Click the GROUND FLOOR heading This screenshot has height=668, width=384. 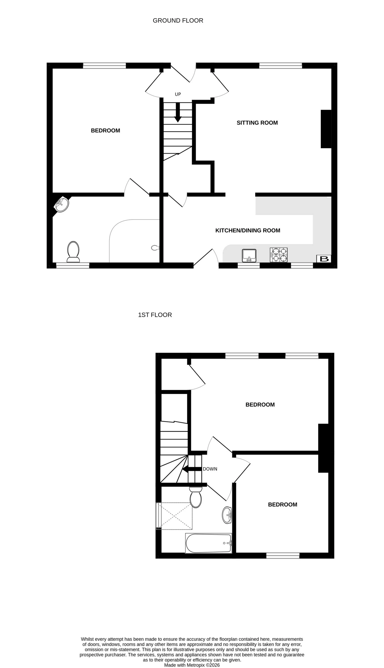point(178,21)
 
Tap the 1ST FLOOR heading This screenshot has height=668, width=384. point(155,315)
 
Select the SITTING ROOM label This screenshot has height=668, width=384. point(257,123)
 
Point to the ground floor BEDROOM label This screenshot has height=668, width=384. point(105,130)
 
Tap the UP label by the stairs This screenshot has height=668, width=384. point(178,94)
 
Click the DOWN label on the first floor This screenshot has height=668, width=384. point(210,469)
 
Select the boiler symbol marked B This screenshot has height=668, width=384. point(324,259)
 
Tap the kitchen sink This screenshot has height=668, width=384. point(249,255)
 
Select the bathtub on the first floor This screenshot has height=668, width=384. point(208,543)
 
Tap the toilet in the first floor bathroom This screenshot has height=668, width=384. point(195,497)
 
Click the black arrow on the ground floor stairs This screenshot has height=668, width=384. point(178,112)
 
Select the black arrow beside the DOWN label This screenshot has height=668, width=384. point(192,469)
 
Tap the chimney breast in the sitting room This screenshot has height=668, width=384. point(326,129)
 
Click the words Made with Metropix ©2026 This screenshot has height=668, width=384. point(192,665)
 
